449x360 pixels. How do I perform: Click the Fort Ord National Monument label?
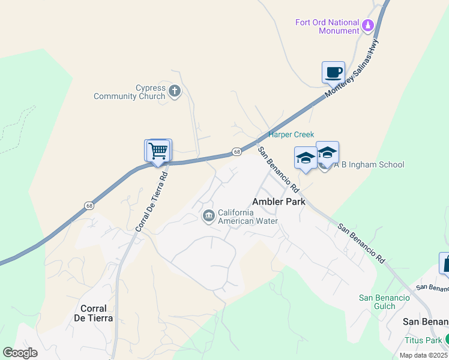point(327,26)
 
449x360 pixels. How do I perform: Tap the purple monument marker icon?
point(368,26)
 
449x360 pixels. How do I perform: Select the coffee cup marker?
point(333,73)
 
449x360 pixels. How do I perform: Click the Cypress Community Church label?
point(130,92)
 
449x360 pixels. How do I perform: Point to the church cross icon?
point(175,92)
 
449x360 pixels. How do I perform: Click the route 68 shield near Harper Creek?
point(238,152)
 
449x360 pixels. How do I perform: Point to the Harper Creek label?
point(291,134)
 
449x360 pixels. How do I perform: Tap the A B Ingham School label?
point(369,164)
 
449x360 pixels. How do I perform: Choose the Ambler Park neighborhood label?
point(279,202)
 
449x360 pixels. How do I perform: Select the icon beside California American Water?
point(208,216)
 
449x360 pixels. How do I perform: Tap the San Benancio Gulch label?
point(384,302)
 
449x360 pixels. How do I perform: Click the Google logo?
point(20,353)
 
